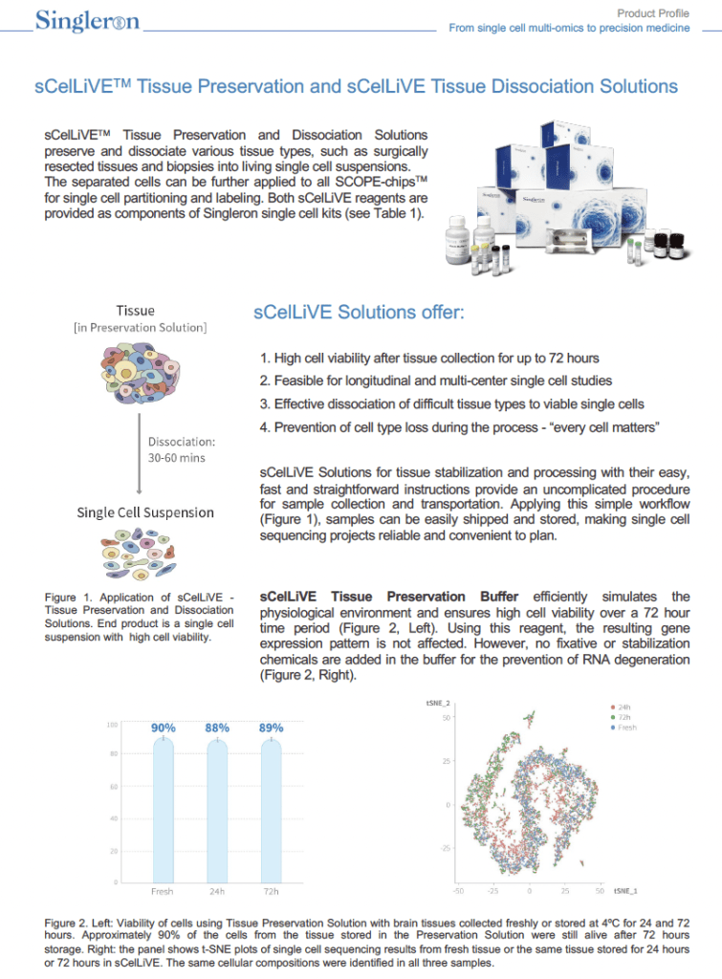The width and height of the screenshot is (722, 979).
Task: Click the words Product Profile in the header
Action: click(x=653, y=12)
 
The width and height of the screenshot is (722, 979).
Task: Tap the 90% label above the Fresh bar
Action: click(x=164, y=728)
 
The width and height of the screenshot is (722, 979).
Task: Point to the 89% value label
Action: click(x=272, y=728)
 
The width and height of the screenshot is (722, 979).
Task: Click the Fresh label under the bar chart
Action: click(x=164, y=891)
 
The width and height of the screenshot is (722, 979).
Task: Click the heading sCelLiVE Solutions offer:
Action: click(x=360, y=313)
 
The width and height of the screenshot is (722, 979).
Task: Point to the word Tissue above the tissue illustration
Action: click(x=136, y=311)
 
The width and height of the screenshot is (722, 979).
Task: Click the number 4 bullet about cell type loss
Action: click(x=265, y=426)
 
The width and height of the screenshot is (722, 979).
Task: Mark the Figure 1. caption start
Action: click(x=71, y=598)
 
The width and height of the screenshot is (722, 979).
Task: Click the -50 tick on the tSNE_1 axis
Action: click(x=458, y=890)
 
